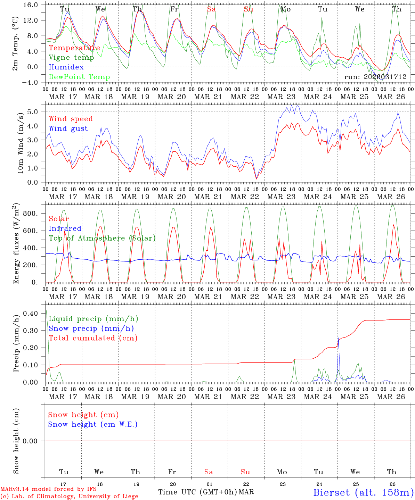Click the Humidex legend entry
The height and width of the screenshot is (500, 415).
point(66,67)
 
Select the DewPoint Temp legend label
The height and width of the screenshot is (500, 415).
point(79,77)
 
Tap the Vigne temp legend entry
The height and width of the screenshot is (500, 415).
point(71,58)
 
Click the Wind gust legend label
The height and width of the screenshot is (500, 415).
point(68,128)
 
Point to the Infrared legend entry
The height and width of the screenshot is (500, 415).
point(65,228)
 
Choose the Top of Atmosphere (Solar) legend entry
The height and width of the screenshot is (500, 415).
point(102,238)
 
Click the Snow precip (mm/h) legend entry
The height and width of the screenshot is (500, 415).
point(91,328)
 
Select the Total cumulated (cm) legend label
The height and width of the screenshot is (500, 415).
point(93,338)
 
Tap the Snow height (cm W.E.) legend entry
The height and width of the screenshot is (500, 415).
point(93,424)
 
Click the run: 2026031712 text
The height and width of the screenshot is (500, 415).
point(375,77)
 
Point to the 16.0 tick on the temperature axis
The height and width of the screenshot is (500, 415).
point(31,5)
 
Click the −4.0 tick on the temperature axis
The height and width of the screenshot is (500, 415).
point(31,82)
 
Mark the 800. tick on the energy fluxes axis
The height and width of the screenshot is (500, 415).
point(30,213)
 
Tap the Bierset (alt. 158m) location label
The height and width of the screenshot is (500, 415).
point(363,492)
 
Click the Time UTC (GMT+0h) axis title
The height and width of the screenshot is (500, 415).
point(197,492)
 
